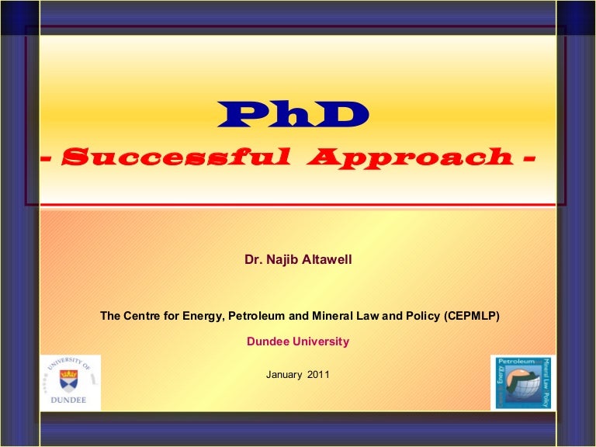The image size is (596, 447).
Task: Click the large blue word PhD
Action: point(293,116)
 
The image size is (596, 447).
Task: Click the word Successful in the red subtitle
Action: point(175,158)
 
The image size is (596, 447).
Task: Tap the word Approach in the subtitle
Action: point(409,158)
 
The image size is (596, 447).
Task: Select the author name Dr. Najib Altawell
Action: point(298,259)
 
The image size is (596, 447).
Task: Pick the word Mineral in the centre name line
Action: point(328,316)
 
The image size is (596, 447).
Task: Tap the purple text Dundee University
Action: point(298,341)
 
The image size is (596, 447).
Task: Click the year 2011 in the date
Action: point(317,375)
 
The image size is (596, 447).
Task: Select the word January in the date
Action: point(284,375)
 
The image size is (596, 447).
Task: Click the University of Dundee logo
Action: point(70,383)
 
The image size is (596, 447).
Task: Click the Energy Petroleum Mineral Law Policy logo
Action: point(523,383)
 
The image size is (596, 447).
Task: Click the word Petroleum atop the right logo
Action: point(519,362)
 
